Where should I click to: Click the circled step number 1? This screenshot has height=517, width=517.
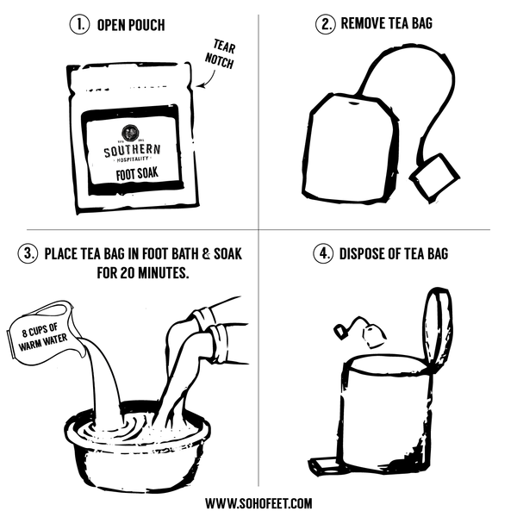click(x=78, y=24)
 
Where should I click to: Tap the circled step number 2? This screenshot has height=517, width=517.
click(x=324, y=23)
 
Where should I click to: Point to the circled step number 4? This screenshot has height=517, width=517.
click(x=324, y=254)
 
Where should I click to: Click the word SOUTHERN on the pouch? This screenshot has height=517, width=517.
click(x=132, y=152)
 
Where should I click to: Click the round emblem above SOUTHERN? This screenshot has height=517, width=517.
click(x=132, y=134)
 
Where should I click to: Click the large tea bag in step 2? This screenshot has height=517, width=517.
click(x=350, y=148)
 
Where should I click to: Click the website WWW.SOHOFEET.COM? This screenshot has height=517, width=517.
click(x=258, y=502)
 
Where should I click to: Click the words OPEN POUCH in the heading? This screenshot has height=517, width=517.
click(x=131, y=24)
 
